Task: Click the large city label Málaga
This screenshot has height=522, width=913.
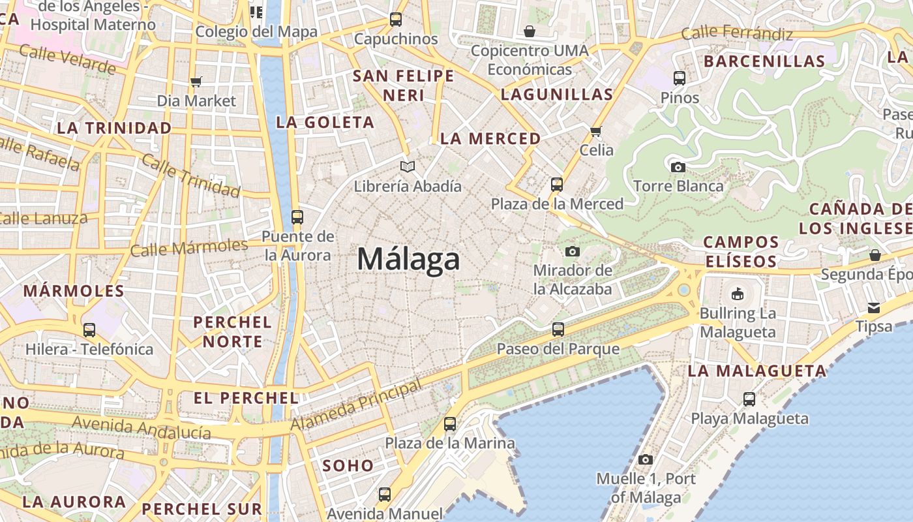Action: click(x=408, y=260)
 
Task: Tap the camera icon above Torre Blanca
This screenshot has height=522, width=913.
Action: click(x=678, y=167)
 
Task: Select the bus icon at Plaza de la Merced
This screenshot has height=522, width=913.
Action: click(x=556, y=185)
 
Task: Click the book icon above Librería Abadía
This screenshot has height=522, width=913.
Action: click(x=408, y=167)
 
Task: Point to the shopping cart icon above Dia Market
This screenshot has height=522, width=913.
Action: click(x=196, y=82)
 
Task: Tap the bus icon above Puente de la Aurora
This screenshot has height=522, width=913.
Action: click(x=297, y=217)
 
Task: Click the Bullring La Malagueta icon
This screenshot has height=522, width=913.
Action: click(x=738, y=294)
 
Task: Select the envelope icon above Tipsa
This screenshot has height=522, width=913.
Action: click(x=874, y=307)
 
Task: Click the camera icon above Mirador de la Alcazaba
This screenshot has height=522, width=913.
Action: click(x=573, y=251)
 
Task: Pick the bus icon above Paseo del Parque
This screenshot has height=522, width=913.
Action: click(x=558, y=330)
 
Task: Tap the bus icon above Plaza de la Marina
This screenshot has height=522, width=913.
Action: click(x=450, y=424)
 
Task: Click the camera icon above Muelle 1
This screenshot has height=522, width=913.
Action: click(x=646, y=459)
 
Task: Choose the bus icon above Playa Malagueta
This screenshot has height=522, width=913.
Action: click(x=749, y=399)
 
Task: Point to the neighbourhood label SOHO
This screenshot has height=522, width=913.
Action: click(x=348, y=466)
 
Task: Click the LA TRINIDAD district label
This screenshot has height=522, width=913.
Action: click(x=114, y=128)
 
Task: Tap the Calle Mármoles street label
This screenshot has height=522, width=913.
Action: click(x=189, y=248)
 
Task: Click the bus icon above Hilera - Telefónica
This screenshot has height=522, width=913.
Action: click(x=89, y=330)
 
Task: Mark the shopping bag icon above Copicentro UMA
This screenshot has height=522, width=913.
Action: click(x=529, y=31)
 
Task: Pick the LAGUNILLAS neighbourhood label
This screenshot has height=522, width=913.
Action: click(x=557, y=95)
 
